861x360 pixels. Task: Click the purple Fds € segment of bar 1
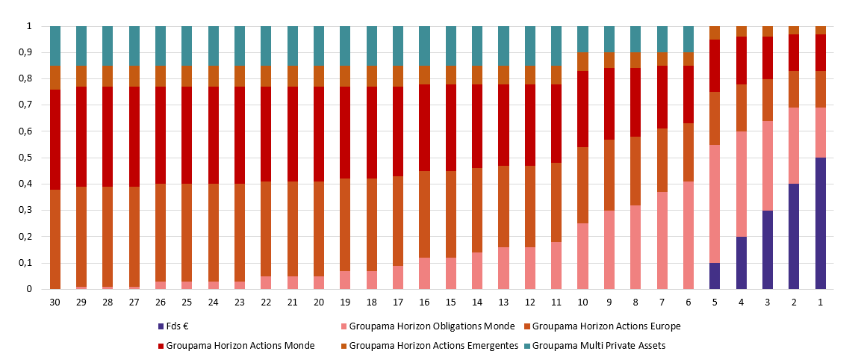(821, 223)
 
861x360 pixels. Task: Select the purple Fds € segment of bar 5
(715, 276)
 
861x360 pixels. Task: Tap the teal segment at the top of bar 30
(55, 46)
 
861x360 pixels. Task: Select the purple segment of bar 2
(794, 236)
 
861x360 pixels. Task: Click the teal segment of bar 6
(689, 39)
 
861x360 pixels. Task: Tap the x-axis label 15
(450, 302)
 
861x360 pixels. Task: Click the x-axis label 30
(55, 302)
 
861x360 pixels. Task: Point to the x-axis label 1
(821, 302)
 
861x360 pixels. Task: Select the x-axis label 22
(266, 302)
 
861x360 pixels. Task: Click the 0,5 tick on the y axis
(26, 158)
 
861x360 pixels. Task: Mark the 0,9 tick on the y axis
(26, 52)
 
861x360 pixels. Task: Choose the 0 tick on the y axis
(30, 289)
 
